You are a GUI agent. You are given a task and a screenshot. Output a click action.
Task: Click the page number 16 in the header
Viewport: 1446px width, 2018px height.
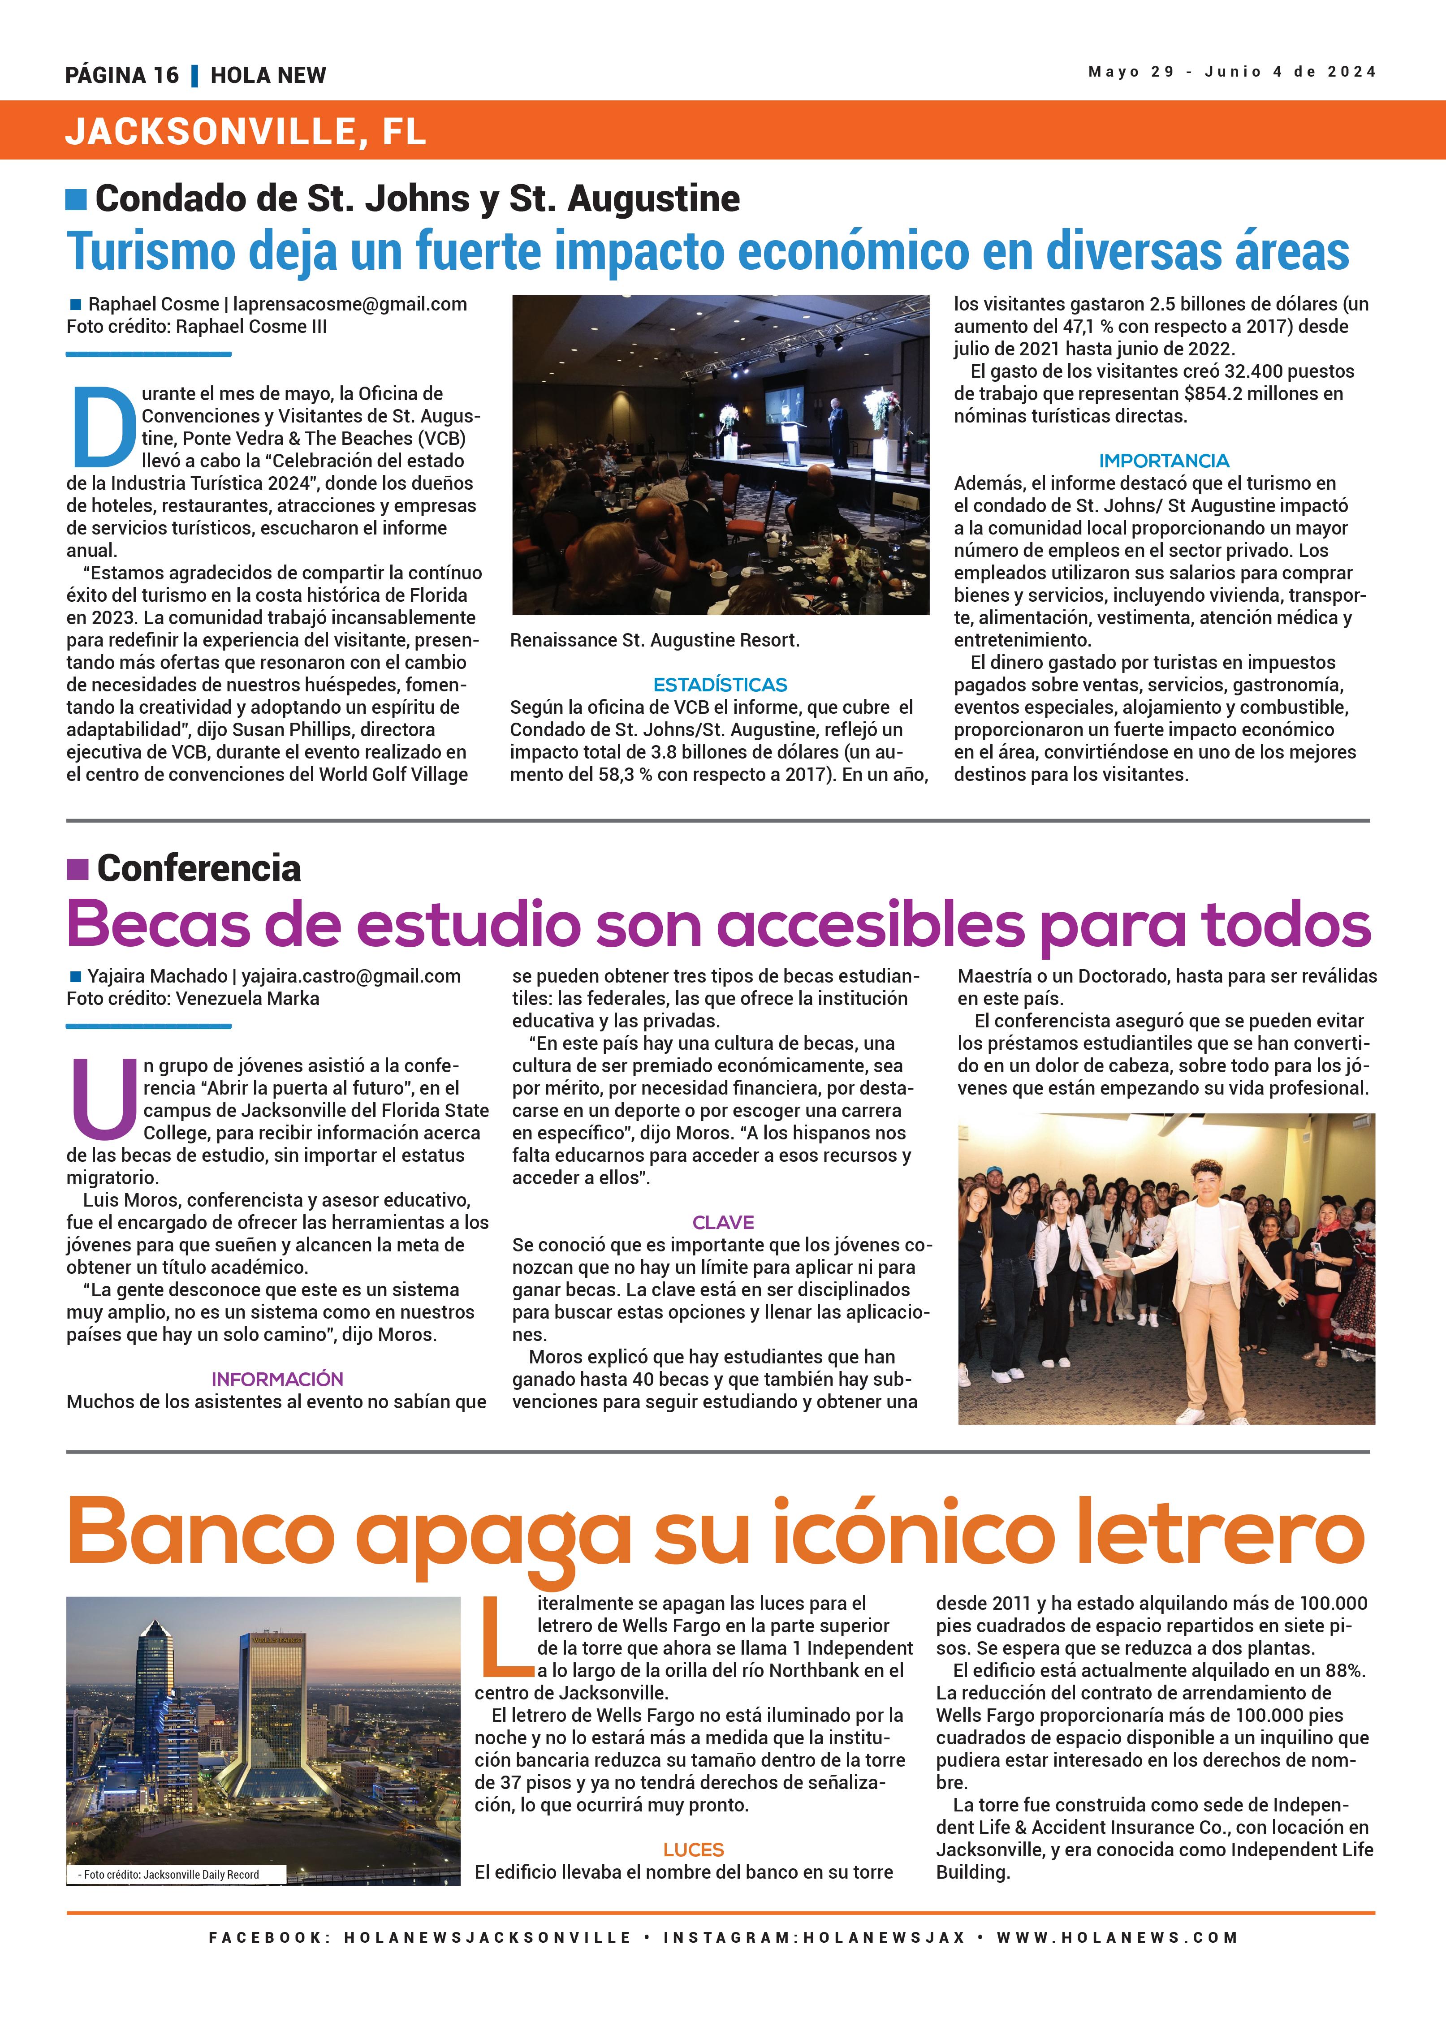point(165,76)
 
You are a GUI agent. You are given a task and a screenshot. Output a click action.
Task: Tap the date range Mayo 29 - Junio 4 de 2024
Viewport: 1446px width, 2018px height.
point(1231,72)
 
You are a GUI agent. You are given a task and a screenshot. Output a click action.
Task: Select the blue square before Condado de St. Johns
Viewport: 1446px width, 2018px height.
point(77,199)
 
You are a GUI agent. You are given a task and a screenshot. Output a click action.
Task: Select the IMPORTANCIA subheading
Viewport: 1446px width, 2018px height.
point(1163,461)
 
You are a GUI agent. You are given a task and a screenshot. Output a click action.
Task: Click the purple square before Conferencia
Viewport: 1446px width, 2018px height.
point(78,868)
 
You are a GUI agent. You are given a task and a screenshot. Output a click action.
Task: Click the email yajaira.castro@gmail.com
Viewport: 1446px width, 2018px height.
point(350,976)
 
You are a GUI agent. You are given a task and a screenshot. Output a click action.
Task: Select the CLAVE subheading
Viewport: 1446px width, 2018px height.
point(723,1223)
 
